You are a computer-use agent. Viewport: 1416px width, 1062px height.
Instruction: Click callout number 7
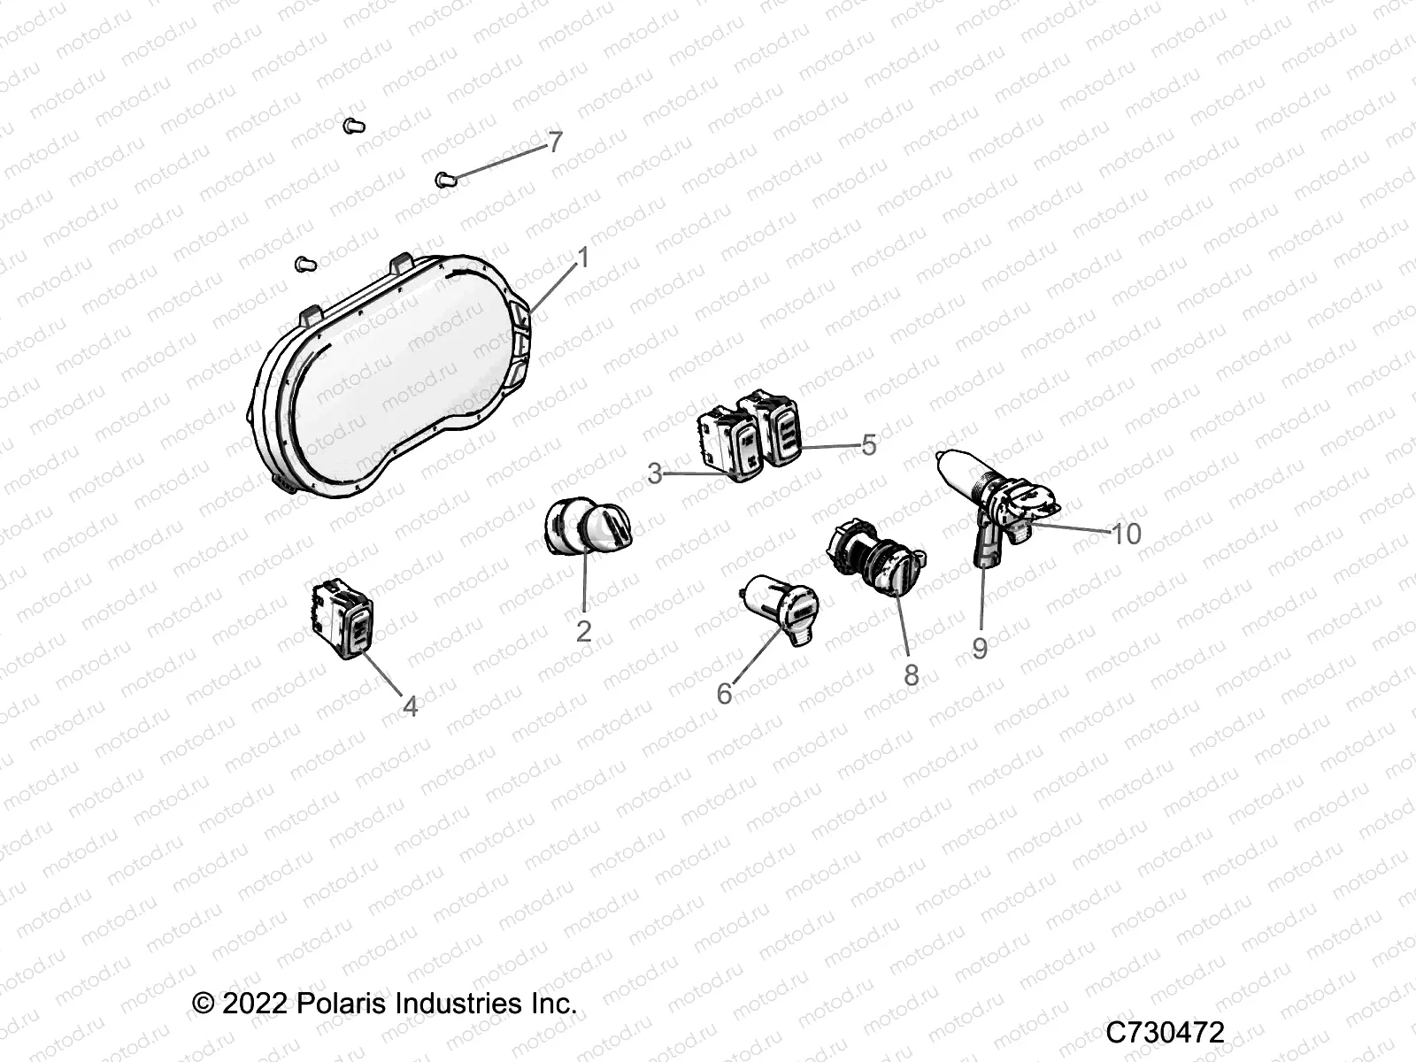click(555, 142)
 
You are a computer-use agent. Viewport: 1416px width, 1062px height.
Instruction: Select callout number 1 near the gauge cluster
click(582, 258)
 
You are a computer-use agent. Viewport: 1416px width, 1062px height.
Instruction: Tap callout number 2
click(583, 631)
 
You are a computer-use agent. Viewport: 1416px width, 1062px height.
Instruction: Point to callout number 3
click(654, 474)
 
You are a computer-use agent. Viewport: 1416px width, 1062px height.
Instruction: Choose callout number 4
click(410, 706)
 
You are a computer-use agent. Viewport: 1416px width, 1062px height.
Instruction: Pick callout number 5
click(868, 445)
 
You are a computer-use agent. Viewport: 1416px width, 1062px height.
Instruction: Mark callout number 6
click(724, 694)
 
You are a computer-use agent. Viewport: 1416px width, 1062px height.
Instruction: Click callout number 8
click(911, 675)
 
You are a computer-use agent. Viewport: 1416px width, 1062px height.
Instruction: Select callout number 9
click(980, 649)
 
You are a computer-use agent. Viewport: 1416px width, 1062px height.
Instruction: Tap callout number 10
click(1127, 534)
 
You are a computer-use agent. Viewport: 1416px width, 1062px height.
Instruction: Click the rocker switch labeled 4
click(344, 619)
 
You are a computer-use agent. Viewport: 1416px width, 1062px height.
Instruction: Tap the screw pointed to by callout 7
click(448, 181)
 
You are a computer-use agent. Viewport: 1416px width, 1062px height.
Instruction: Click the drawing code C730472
click(1166, 1033)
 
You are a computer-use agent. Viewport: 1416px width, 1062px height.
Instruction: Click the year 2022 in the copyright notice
click(255, 1004)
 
